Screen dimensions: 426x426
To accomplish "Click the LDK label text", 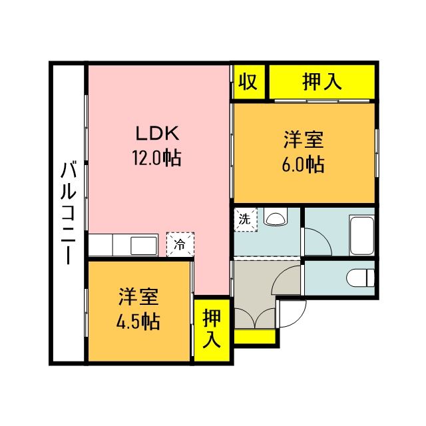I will tap(157, 133).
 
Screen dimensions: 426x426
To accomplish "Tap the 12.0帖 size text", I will tap(157, 158).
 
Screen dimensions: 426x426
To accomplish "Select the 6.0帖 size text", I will tap(304, 164).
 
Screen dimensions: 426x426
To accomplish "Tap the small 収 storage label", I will tap(248, 82).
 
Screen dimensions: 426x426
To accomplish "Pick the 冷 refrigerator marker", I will tap(180, 244).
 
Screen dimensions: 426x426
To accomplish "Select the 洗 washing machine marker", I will tap(244, 219).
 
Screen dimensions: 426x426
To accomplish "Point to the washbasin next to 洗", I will tap(274, 217).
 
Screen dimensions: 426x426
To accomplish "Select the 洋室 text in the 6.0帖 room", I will tap(304, 140).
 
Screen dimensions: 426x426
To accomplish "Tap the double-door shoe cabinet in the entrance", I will tap(254, 318).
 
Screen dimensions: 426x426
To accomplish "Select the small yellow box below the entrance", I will tap(255, 337).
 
